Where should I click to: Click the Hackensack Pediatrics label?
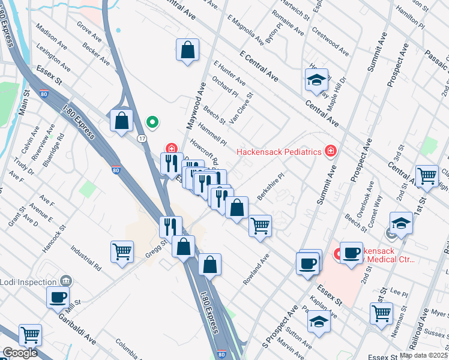click(279, 152)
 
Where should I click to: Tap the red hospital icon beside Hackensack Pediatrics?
click(330, 151)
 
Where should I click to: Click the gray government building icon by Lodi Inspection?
click(65, 281)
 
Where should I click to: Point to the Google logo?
click(19, 353)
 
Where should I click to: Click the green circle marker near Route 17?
click(152, 123)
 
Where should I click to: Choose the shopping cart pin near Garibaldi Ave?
click(29, 335)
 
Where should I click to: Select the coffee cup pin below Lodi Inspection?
click(58, 296)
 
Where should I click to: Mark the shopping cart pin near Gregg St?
click(122, 252)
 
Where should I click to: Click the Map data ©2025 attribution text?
click(424, 355)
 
